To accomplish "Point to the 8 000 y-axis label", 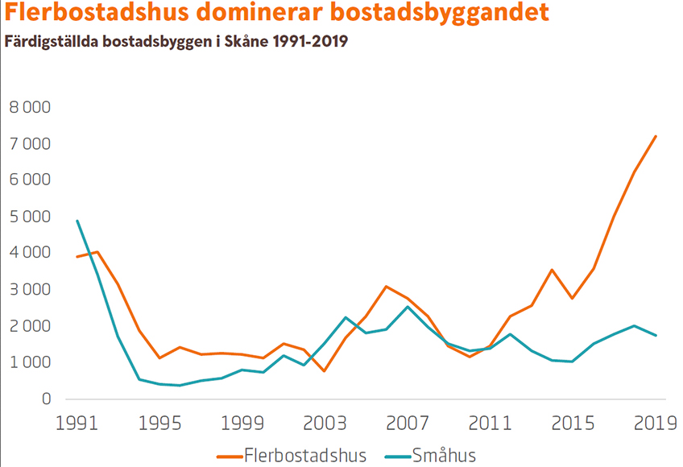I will (x=29, y=107).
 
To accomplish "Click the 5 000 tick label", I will (x=29, y=217).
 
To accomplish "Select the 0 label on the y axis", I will (x=46, y=399).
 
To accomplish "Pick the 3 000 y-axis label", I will (x=29, y=290).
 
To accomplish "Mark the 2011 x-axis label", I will (x=490, y=422).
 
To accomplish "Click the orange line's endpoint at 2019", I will (x=656, y=136).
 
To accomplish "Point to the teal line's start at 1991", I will (x=77, y=221).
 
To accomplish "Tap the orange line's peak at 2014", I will (x=552, y=270).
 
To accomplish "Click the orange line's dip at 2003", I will (x=324, y=370).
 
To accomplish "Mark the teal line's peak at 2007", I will (x=408, y=307).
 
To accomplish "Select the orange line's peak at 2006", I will (x=387, y=287).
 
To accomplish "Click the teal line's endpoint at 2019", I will (x=656, y=335).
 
